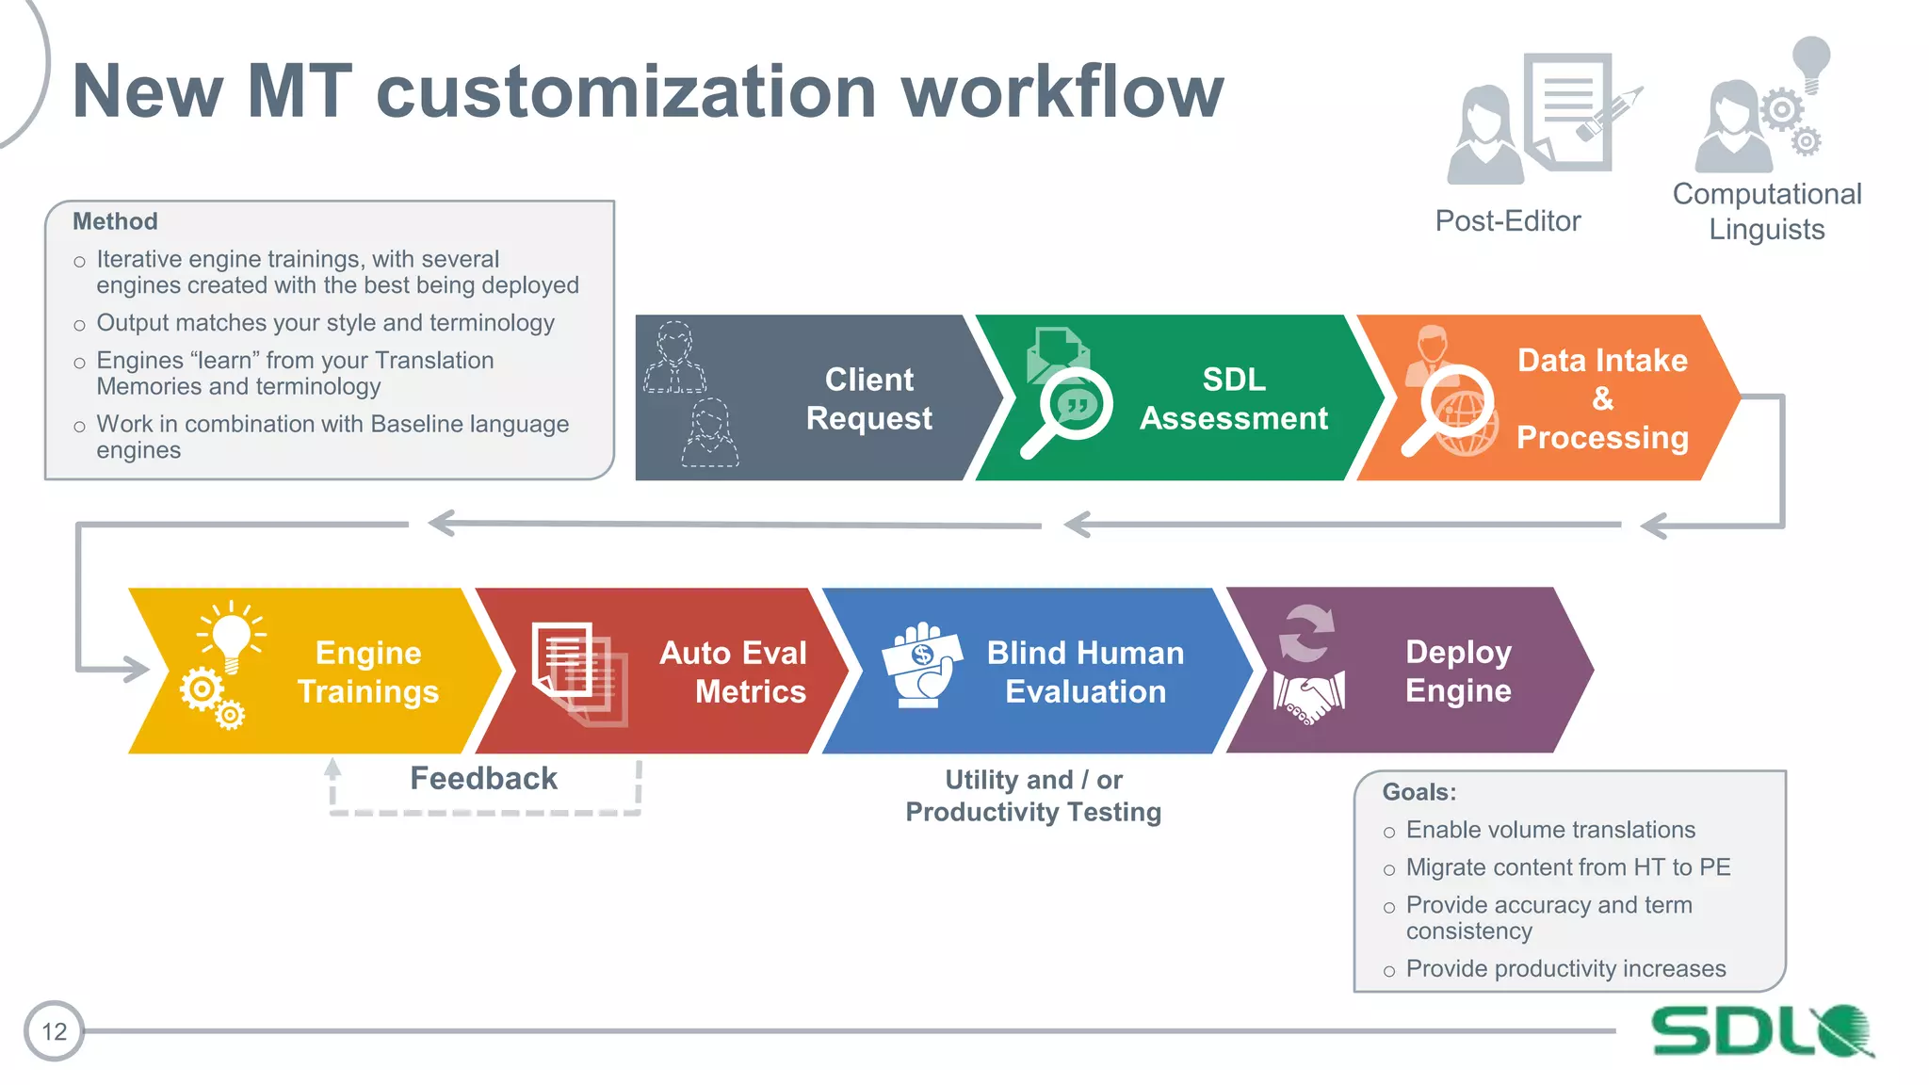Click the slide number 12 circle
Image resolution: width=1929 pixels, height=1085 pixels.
54,1031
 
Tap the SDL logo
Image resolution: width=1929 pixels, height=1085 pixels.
1761,1031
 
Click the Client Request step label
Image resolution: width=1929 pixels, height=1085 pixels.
868,398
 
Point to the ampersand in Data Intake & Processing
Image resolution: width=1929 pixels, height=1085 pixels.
1602,399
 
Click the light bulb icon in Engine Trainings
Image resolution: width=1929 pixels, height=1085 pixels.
231,637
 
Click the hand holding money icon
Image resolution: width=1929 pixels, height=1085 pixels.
922,665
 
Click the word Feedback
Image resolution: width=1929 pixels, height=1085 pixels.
483,779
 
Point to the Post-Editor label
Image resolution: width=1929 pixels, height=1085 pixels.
1507,221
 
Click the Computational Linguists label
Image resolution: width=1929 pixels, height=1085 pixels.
1766,212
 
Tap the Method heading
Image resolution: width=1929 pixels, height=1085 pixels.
115,221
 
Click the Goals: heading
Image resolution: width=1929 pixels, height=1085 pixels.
1418,792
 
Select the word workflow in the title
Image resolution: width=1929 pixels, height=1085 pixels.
1062,91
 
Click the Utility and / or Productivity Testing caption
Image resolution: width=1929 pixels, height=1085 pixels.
1033,796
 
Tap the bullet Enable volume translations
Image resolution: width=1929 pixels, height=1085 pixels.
1549,830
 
